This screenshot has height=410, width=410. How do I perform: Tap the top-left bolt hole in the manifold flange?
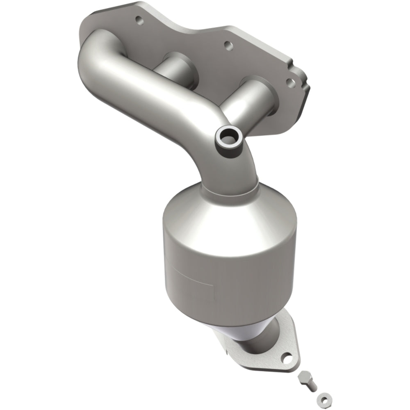pyautogui.click(x=138, y=19)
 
